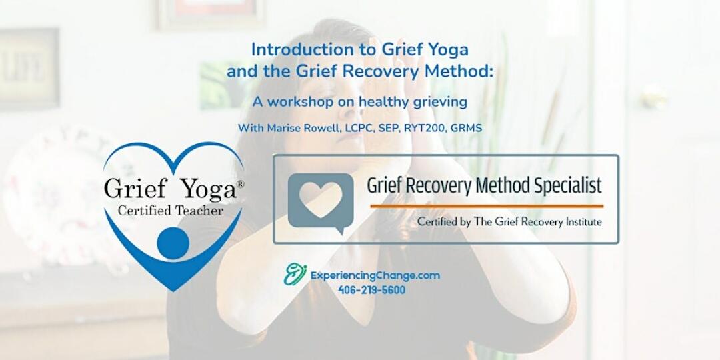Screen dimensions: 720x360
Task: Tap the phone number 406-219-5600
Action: pos(371,290)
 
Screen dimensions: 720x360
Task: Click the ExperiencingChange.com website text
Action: pos(375,275)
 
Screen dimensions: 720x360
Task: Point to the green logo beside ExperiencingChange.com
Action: pos(295,274)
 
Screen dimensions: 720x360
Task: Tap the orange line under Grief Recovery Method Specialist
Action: pos(486,206)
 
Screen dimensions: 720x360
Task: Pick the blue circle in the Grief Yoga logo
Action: pos(173,243)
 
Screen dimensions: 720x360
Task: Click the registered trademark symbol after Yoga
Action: pos(240,184)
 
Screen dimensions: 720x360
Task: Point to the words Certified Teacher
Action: pos(171,211)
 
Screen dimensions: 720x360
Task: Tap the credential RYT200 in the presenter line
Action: pos(429,128)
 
